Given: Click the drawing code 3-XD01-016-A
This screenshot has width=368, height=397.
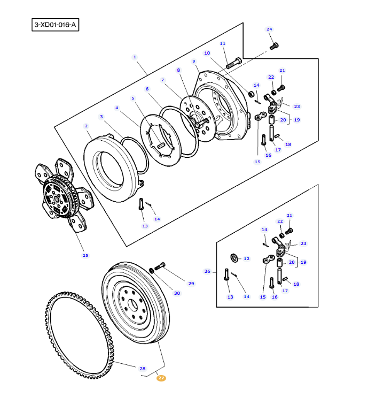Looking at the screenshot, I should coord(55,25).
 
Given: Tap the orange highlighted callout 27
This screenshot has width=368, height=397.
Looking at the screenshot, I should coord(161,378).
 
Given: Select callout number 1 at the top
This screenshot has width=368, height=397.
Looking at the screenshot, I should coord(135,57).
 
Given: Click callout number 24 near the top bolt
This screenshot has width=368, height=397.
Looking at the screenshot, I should coord(269,29).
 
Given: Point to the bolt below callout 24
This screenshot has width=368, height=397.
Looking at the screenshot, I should coord(274,47).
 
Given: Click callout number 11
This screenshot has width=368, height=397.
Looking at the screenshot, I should coord(223,43).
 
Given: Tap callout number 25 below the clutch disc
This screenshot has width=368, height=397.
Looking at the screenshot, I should coord(85,255).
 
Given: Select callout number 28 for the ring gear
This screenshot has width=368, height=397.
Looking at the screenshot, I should coord(143,369).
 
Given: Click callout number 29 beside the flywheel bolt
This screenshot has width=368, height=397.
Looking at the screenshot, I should coord(191,283).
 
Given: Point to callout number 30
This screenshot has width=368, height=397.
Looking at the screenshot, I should coord(177,293).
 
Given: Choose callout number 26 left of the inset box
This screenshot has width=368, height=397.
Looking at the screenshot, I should coord(207,271).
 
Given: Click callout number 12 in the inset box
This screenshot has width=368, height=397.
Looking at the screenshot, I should coord(246,258).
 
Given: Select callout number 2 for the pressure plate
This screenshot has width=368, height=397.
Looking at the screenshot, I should coord(86,126).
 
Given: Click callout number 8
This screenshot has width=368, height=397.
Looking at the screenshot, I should coord(179,70).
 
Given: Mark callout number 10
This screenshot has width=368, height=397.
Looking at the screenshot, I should coord(207,53).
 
